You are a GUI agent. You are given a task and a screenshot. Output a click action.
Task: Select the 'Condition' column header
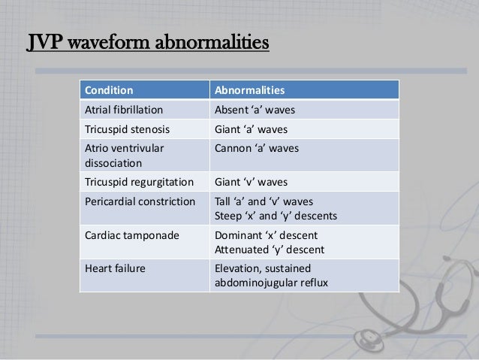[x=110, y=91]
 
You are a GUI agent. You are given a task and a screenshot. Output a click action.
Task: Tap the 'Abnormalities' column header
[x=249, y=91]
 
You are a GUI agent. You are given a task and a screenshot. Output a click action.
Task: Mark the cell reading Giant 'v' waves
[x=252, y=180]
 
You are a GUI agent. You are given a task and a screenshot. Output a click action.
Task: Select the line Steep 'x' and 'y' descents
[x=276, y=216]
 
